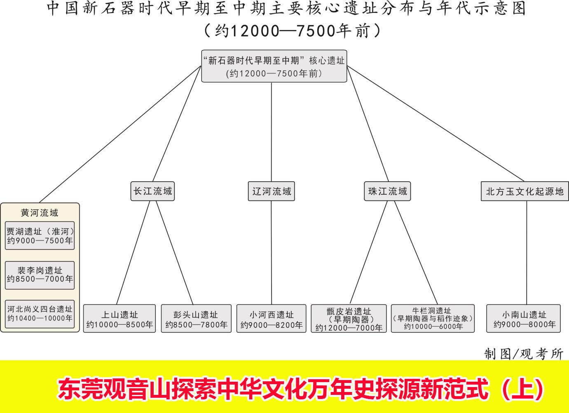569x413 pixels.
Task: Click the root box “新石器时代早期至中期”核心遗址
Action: (274, 66)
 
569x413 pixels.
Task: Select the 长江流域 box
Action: (152, 191)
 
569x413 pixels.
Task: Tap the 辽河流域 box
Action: (271, 191)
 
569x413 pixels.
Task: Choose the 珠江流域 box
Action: (387, 191)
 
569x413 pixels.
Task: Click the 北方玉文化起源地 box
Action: (525, 191)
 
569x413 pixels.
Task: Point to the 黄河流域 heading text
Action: (40, 212)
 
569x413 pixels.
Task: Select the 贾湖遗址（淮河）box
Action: (40, 236)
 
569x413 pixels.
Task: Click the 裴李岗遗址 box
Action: (40, 275)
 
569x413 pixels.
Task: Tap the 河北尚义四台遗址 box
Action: (40, 313)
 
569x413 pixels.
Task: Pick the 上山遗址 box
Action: (119, 319)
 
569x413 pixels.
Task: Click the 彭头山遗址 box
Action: (196, 319)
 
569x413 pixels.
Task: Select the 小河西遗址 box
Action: (271, 319)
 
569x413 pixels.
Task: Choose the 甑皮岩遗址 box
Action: (349, 319)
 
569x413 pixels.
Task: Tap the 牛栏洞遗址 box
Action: (433, 319)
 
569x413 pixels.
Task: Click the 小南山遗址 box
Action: (524, 319)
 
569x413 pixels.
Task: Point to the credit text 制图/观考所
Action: (523, 353)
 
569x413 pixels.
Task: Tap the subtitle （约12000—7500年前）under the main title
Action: (292, 30)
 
